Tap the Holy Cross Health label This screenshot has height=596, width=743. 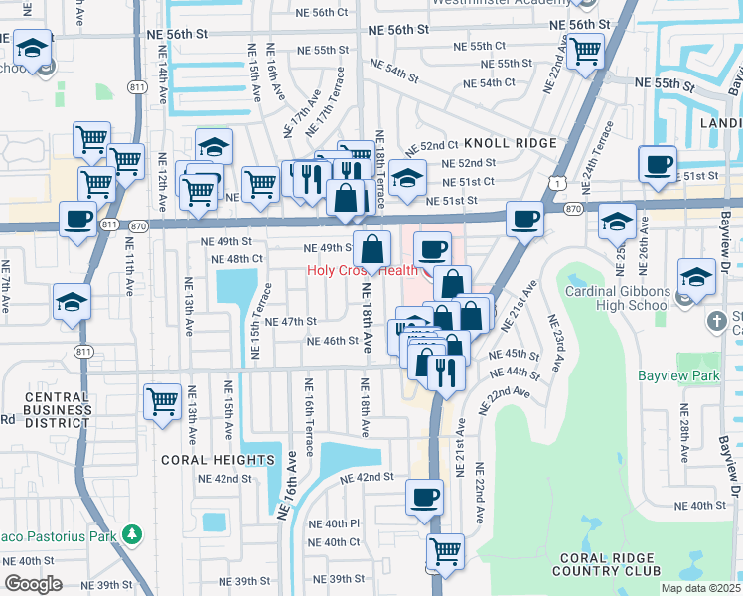[x=363, y=270]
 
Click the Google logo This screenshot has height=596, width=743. [x=33, y=584]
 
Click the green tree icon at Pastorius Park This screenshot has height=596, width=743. [x=131, y=536]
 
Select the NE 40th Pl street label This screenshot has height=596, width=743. [x=333, y=523]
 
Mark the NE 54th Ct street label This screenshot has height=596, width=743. [x=511, y=82]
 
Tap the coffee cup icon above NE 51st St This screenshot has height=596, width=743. [x=659, y=165]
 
